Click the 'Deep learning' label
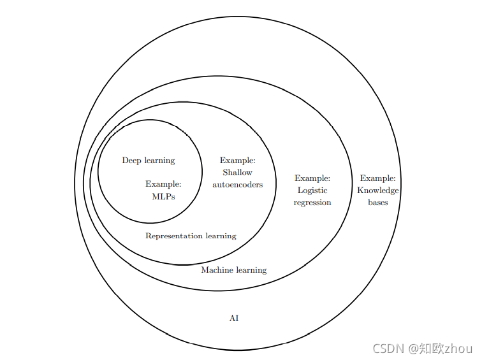pos(149,161)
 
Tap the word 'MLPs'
pos(163,196)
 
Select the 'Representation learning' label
pos(191,236)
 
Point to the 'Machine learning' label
pos(234,270)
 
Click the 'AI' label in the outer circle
pos(234,318)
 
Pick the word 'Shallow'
pos(237,173)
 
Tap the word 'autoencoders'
pos(237,184)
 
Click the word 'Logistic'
pos(312,191)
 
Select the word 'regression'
pos(312,203)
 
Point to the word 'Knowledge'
pos(378,191)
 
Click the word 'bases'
pos(378,203)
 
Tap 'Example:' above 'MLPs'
pos(163,184)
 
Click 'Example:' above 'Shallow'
pos(237,161)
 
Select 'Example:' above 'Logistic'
pos(312,178)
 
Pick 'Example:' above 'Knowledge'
pos(378,178)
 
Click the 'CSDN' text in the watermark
pos(389,348)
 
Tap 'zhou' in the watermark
pos(458,348)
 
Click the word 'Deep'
pos(131,161)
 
